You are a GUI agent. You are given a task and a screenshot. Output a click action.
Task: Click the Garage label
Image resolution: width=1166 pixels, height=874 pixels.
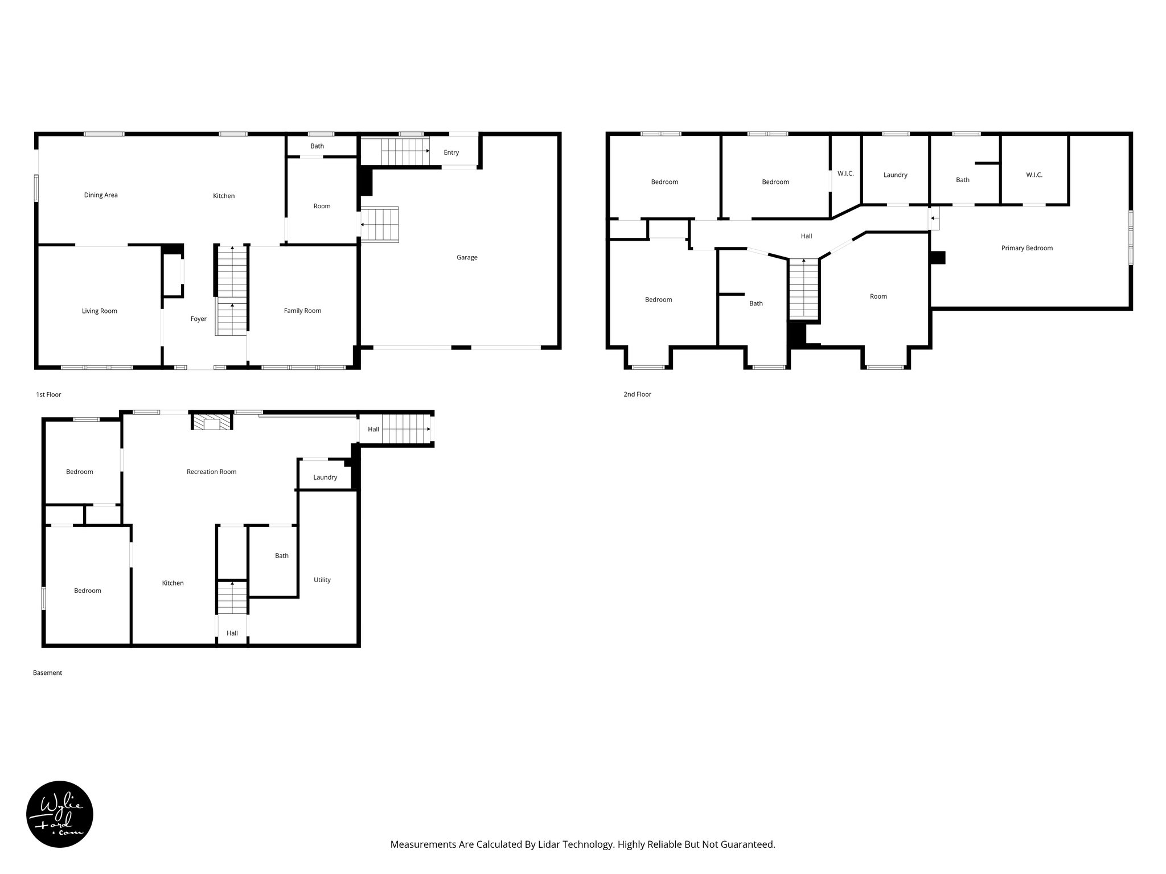[466, 257]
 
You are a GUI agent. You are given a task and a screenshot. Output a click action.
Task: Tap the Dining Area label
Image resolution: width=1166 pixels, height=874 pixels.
[101, 195]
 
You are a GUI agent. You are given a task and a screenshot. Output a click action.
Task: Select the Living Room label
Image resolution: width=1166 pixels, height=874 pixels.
[99, 311]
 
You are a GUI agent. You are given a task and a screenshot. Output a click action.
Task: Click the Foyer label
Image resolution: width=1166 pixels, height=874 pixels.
[198, 319]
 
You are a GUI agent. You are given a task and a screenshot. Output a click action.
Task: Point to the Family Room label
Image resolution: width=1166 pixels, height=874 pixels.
[302, 311]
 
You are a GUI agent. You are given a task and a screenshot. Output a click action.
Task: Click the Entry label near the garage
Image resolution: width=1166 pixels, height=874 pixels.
[451, 152]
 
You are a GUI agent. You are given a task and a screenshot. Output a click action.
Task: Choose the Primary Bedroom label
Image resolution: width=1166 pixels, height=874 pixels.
[1027, 248]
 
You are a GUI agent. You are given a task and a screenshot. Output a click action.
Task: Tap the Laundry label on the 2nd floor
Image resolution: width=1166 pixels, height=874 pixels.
[895, 175]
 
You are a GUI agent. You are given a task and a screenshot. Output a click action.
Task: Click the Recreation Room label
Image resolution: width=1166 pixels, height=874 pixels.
[211, 472]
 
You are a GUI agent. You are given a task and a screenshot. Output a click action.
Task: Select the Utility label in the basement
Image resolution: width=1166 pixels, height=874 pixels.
[322, 580]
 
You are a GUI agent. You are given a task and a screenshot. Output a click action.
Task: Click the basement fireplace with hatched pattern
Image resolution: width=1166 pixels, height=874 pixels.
[212, 422]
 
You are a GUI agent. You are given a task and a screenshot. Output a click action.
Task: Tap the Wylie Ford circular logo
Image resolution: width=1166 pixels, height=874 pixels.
[60, 814]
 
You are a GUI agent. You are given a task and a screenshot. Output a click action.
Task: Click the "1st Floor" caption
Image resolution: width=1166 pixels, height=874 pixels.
[48, 394]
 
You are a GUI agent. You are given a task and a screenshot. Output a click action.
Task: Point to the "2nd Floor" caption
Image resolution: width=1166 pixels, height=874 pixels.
[637, 394]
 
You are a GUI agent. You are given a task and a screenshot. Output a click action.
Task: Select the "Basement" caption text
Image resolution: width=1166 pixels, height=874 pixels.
[47, 673]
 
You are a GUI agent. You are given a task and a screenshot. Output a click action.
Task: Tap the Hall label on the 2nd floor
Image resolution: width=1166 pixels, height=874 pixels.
[806, 236]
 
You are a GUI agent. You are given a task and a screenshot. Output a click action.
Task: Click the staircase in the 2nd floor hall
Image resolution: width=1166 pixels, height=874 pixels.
[803, 288]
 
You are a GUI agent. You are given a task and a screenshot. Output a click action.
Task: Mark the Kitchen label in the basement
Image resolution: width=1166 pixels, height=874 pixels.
[173, 583]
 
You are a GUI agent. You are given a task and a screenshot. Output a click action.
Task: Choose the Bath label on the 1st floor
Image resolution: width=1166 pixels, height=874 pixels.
[317, 146]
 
